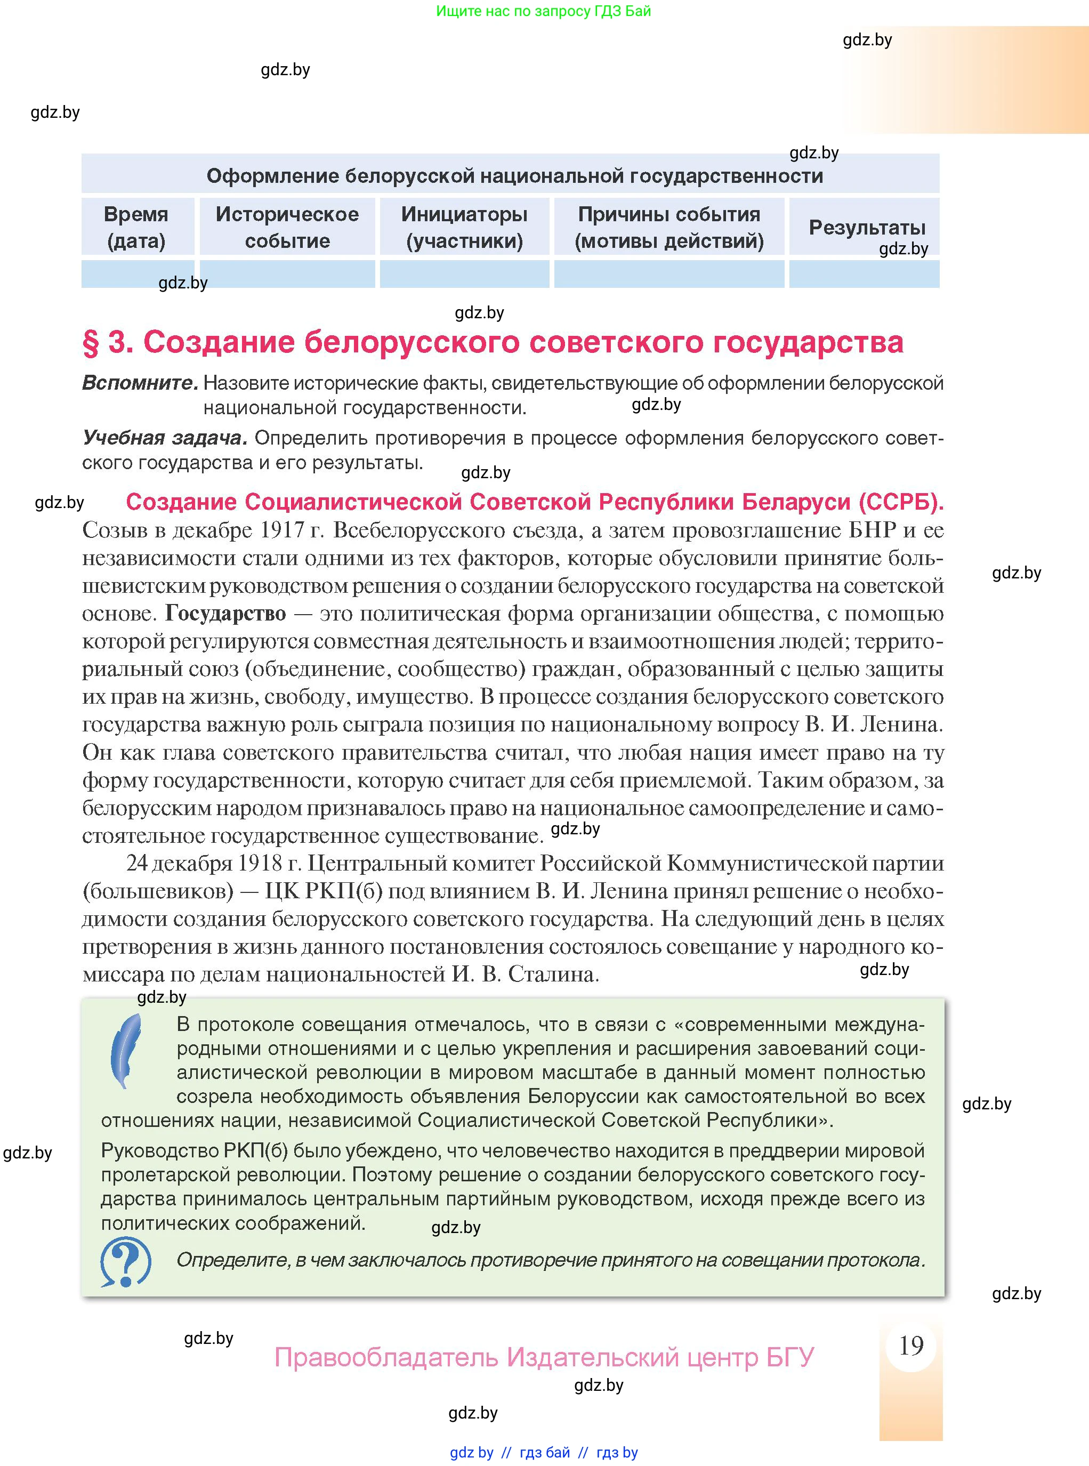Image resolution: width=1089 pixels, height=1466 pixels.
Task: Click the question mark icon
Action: coord(125,1262)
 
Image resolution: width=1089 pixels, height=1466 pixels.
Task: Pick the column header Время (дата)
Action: coord(136,228)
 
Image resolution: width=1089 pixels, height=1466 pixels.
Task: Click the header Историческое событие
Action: coord(287,228)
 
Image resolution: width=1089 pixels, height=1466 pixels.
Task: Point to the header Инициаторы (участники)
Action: coord(464,228)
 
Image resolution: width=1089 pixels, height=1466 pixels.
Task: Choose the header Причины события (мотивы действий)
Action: coord(668,228)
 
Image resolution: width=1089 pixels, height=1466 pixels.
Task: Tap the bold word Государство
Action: coord(225,614)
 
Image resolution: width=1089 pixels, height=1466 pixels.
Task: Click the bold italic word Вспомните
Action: coord(140,383)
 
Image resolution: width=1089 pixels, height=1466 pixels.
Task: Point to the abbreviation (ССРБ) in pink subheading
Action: coord(900,502)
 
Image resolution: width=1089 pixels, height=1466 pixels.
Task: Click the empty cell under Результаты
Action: coord(864,274)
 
